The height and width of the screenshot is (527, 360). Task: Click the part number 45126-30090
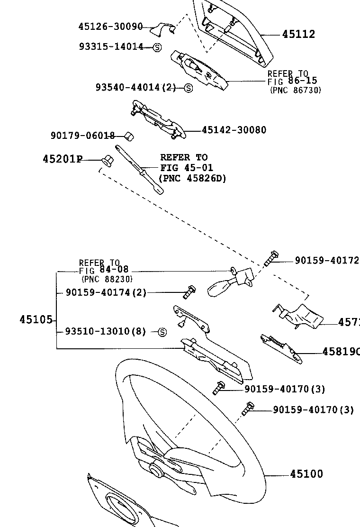point(110,27)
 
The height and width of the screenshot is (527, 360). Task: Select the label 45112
point(298,34)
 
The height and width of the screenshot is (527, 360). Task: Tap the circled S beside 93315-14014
point(157,47)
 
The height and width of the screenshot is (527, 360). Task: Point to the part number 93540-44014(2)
point(135,87)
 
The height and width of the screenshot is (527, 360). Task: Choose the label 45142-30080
point(234,130)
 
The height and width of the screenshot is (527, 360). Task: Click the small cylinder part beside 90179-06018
point(128,136)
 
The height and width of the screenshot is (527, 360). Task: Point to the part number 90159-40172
point(326,260)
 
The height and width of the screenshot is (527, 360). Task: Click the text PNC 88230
point(107,279)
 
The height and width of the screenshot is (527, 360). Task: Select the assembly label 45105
point(36,320)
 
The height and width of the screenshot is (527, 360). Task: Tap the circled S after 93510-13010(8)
point(162,332)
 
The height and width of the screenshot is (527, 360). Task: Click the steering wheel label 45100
point(306,474)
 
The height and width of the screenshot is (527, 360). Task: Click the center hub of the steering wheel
point(155,470)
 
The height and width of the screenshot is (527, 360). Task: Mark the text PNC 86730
point(295,90)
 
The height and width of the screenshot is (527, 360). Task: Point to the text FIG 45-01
point(186,168)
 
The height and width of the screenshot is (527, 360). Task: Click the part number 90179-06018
point(82,136)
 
